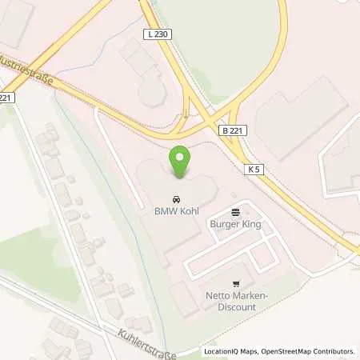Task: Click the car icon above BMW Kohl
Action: point(175,198)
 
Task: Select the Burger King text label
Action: point(235,225)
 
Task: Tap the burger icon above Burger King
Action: point(235,212)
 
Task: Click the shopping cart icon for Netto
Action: point(235,283)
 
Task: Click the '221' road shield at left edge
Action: point(6,98)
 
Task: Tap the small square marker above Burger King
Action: point(234,194)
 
